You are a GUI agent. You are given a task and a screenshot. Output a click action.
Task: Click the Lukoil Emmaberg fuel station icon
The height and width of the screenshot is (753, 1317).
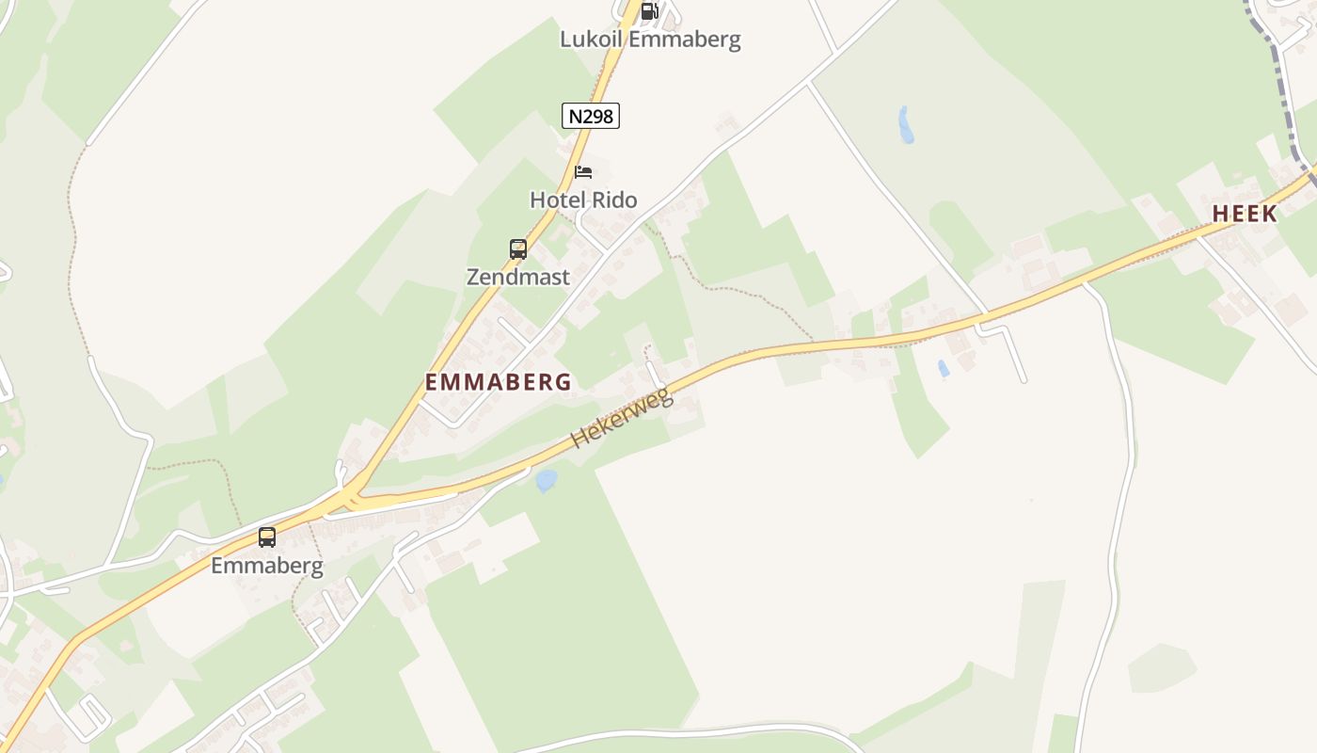coord(648,11)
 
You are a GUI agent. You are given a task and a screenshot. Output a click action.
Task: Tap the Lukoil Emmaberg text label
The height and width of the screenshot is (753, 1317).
coord(650,40)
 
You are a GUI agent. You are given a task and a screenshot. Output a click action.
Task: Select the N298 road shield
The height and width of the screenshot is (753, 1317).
coord(591,116)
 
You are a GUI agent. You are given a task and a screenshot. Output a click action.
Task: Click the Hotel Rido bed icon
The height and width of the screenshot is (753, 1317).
coord(583,172)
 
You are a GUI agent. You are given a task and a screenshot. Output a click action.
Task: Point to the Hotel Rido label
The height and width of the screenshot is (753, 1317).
coord(583,200)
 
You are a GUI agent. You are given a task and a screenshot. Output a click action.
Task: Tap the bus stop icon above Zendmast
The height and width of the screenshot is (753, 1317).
coord(518,249)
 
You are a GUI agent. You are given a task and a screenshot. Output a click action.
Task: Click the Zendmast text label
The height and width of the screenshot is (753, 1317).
coord(518,277)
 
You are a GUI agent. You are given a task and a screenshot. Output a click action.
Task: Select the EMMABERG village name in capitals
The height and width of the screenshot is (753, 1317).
coord(499,382)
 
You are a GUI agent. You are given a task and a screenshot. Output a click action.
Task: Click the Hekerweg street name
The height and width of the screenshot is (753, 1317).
coord(622,417)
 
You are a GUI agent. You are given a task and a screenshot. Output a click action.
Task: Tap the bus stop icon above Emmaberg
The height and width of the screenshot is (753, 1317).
coord(267,537)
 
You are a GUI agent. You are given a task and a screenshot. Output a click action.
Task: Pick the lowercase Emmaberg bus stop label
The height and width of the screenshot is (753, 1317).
coord(267,566)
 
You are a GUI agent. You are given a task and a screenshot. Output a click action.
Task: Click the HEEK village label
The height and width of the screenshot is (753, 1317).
coord(1245,215)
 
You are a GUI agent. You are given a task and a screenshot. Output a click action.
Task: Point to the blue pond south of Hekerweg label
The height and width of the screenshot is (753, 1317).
coord(546,481)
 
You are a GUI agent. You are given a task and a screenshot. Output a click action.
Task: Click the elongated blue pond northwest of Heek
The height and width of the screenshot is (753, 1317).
coord(906,124)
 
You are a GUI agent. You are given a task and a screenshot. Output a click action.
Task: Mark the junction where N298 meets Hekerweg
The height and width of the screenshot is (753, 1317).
coord(353,495)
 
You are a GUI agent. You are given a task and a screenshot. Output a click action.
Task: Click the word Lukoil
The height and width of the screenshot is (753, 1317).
coord(591,40)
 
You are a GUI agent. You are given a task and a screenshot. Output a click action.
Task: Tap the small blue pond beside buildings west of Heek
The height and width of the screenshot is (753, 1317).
coord(943,369)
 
